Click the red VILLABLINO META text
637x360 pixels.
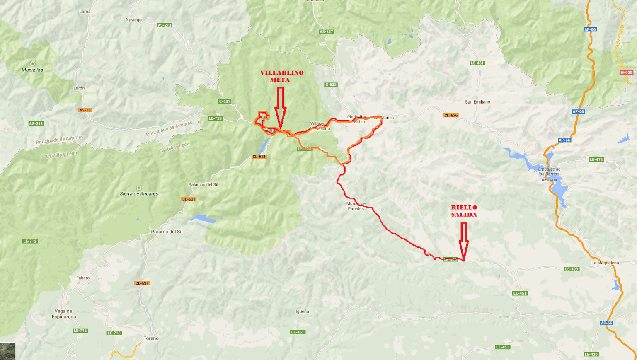tap(281, 76)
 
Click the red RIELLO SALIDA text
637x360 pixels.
tap(464, 211)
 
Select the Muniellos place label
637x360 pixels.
tap(32, 70)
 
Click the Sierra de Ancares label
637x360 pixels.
tap(139, 193)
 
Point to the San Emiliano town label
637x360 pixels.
tap(477, 102)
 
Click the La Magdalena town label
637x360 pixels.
tap(605, 263)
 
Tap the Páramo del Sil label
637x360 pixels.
tap(167, 232)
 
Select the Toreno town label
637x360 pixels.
tap(151, 338)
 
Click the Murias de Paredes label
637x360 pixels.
tap(356, 206)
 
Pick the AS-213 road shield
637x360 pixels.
tap(165, 25)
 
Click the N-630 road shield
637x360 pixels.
tap(626, 72)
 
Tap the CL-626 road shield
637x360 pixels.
tap(451, 115)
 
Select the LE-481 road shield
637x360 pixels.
tap(477, 63)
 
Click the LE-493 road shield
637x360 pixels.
tap(571, 269)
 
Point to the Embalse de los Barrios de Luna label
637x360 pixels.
tap(549, 174)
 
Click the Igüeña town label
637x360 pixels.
tap(302, 311)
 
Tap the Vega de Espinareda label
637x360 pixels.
tap(64, 314)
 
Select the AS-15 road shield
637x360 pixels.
tap(85, 110)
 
